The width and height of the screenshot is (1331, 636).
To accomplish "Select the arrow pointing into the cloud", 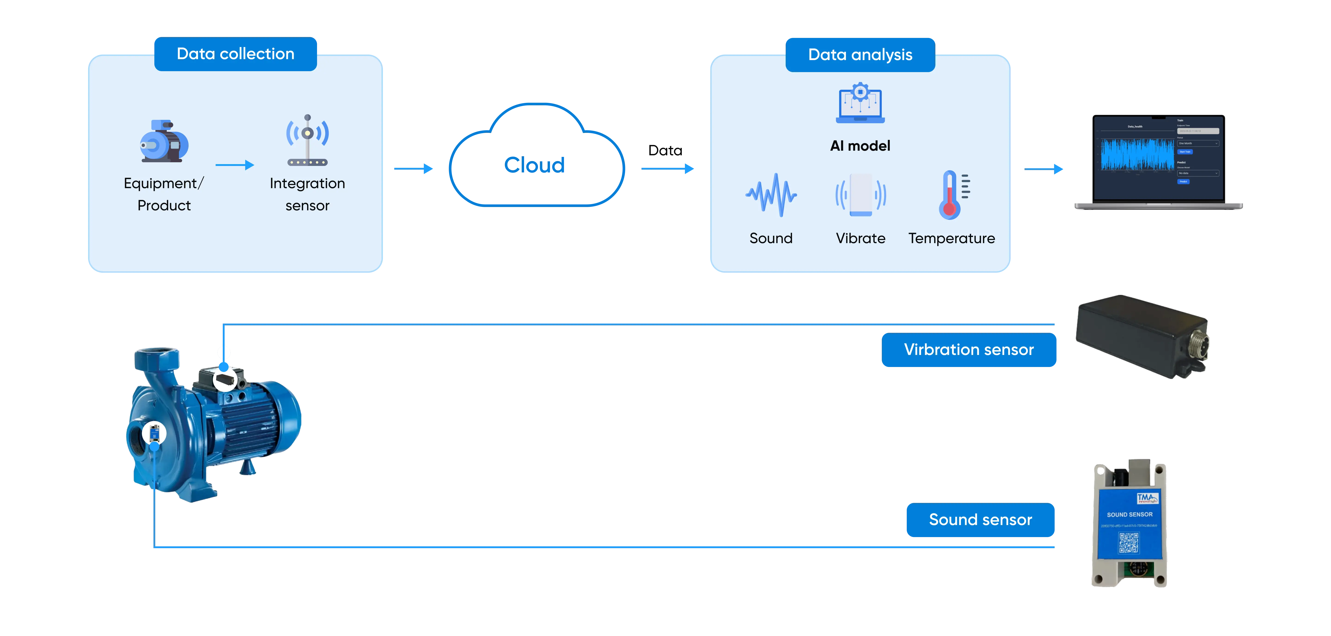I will (413, 168).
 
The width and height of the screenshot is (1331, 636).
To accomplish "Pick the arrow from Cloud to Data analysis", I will (668, 168).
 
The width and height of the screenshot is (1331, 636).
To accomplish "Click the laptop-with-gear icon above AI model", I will (860, 103).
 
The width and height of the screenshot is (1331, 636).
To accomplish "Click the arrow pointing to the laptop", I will (1044, 169).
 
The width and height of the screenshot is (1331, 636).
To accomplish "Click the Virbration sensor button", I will (969, 350).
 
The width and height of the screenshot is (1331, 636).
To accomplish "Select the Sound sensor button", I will (980, 520).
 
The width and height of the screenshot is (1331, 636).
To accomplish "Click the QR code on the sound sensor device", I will (1129, 542).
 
